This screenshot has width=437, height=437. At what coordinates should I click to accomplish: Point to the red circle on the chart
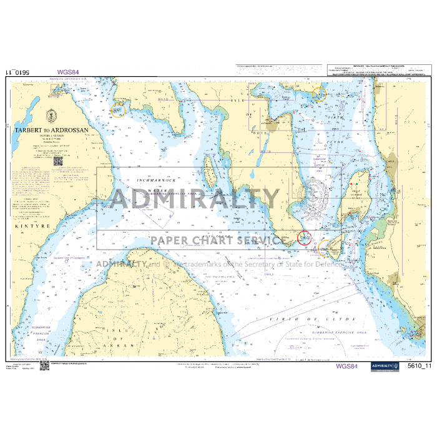click(304, 237)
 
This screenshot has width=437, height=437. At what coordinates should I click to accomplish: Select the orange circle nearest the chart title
click(117, 110)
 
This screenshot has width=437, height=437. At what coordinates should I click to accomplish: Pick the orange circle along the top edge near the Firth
click(319, 95)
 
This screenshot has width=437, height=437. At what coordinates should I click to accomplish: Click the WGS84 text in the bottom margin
click(347, 367)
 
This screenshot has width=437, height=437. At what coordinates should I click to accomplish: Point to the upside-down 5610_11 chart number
click(17, 72)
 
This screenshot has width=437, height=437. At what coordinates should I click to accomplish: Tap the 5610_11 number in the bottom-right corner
click(419, 367)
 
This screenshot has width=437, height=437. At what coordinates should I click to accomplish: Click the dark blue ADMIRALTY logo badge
click(385, 367)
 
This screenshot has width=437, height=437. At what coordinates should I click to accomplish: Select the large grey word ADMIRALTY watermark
click(195, 199)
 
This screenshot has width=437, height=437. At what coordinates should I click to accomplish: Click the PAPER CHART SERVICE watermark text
click(219, 240)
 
